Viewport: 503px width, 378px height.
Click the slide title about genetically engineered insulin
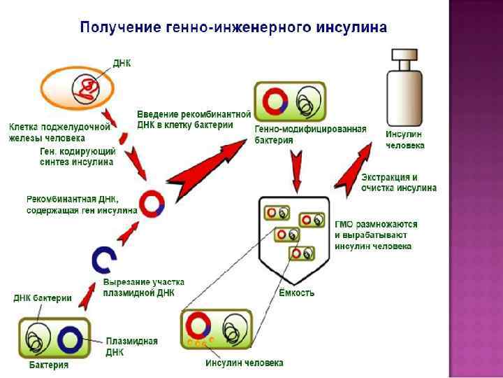pyautogui.click(x=234, y=29)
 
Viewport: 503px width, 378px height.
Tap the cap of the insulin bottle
pyautogui.click(x=404, y=56)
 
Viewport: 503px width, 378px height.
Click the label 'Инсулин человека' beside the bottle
pyautogui.click(x=405, y=139)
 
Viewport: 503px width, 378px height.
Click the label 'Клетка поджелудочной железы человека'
pyautogui.click(x=59, y=132)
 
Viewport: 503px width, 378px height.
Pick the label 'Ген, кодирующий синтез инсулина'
pyautogui.click(x=76, y=156)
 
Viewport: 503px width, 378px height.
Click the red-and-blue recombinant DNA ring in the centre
pyautogui.click(x=152, y=203)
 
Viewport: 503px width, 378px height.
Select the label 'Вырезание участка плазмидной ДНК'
pyautogui.click(x=139, y=287)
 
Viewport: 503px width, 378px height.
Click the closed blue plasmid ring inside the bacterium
pyautogui.click(x=71, y=340)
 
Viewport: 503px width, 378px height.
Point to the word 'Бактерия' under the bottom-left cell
pyautogui.click(x=49, y=365)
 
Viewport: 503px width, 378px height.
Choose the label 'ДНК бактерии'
pyautogui.click(x=43, y=297)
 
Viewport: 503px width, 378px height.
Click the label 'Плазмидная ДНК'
pyautogui.click(x=131, y=346)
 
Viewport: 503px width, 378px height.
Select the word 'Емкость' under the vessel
pyautogui.click(x=296, y=293)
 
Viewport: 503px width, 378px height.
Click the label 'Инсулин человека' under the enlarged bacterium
pyautogui.click(x=245, y=363)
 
